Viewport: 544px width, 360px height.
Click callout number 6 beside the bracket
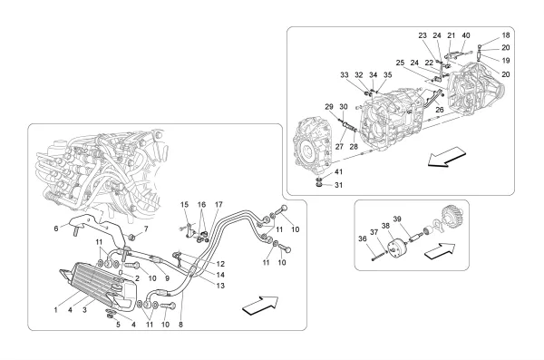tap(56, 229)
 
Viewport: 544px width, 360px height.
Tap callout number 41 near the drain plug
tap(338, 172)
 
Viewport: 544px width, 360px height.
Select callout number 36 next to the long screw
tap(362, 238)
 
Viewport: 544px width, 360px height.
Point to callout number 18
tap(506, 35)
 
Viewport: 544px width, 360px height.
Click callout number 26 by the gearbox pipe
tap(440, 110)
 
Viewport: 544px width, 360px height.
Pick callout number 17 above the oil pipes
tap(219, 204)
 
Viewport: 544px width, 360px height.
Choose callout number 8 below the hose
tap(180, 325)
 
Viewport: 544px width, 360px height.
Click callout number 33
tap(345, 74)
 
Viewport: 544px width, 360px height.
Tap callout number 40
tap(466, 35)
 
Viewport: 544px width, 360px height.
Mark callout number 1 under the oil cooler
tap(56, 310)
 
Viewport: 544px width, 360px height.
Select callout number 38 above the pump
tap(385, 225)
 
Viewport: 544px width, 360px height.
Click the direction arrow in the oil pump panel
tap(440, 250)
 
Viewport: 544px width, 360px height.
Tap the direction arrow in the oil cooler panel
tap(260, 306)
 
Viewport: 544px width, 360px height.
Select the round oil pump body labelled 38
tap(396, 248)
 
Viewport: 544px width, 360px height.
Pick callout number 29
tap(329, 107)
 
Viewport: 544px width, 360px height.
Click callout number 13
tap(220, 286)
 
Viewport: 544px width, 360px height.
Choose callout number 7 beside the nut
tap(146, 229)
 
